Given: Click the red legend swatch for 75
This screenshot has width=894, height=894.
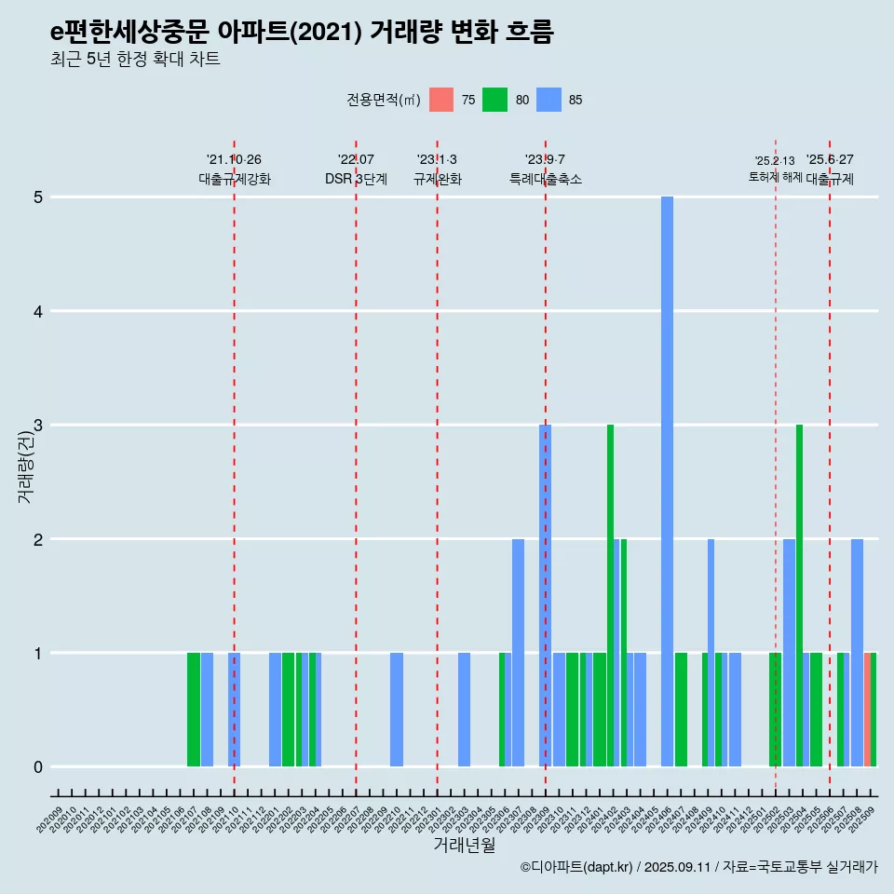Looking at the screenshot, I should tap(441, 100).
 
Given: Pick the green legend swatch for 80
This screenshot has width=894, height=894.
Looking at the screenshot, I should tap(494, 100).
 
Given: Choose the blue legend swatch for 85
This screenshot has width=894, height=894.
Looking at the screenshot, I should tap(549, 100).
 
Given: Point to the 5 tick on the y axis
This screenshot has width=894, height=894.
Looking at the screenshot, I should tap(38, 197).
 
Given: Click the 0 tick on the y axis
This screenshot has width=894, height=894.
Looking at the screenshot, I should tap(38, 767).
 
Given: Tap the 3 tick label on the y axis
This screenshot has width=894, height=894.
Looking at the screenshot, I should tap(38, 426).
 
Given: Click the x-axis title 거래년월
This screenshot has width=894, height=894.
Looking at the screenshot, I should tap(464, 845).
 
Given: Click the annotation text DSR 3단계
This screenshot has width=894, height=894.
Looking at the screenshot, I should tap(356, 179).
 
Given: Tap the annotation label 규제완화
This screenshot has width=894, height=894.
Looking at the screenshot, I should tap(438, 179).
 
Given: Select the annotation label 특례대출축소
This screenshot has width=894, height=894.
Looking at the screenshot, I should tap(546, 179).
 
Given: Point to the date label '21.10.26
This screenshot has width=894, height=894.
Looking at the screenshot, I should tap(234, 160).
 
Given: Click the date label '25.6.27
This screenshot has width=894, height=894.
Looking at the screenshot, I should tap(830, 160).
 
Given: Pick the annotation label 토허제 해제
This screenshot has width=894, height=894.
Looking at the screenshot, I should tap(775, 177).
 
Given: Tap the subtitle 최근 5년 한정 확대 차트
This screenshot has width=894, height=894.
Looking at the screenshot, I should tap(135, 61).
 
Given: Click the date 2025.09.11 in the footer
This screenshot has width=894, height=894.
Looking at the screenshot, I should tap(677, 867).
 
